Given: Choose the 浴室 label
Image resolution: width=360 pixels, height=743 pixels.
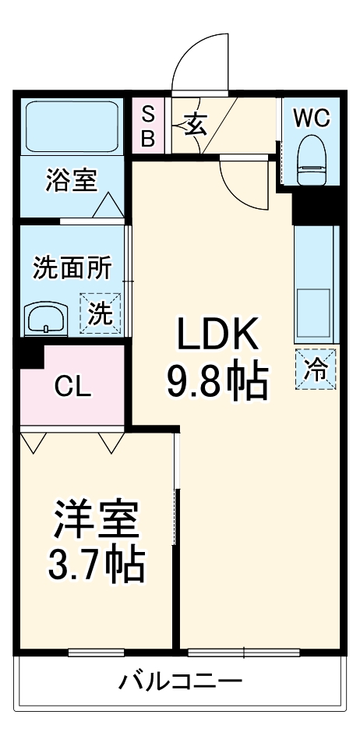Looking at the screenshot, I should tap(71, 181).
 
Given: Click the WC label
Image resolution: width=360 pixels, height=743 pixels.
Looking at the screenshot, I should tap(312, 118).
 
